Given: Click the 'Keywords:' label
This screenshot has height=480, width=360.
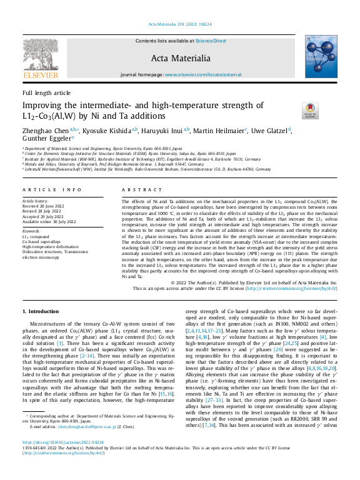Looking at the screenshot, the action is [31, 214].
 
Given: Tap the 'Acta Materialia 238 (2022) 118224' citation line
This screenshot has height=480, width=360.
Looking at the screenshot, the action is [179, 24].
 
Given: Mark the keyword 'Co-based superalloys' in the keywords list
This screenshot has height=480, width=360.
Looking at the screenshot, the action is [42, 224].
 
